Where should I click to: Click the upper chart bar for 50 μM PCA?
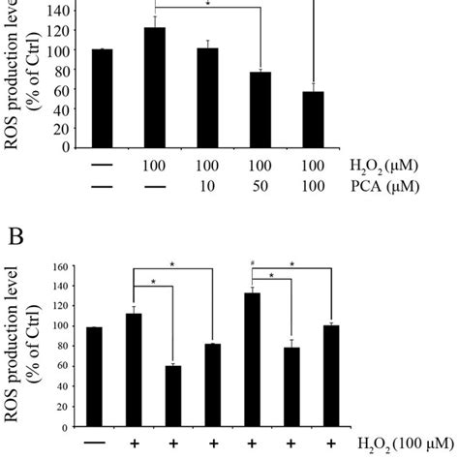(x=260, y=110)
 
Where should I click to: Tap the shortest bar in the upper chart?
(x=312, y=119)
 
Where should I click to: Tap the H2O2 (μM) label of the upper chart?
(x=397, y=167)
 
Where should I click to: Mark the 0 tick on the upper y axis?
(x=63, y=148)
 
